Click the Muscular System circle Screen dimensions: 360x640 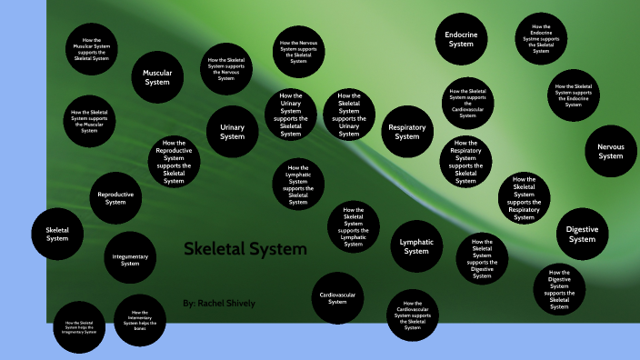click(x=158, y=77)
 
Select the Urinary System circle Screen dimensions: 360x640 click(x=233, y=133)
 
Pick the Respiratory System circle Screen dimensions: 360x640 click(x=406, y=133)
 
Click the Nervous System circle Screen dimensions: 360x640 click(x=610, y=151)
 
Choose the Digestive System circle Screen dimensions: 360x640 click(x=582, y=235)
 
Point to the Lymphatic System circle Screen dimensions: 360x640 click(x=416, y=246)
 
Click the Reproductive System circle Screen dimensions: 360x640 click(x=115, y=197)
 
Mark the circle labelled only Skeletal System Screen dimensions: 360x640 click(x=57, y=234)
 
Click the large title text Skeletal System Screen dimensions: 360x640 click(x=245, y=249)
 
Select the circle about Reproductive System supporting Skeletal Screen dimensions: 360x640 click(x=174, y=162)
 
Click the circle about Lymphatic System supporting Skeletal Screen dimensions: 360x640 click(x=298, y=183)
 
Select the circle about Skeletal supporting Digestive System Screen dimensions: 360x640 click(x=483, y=258)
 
